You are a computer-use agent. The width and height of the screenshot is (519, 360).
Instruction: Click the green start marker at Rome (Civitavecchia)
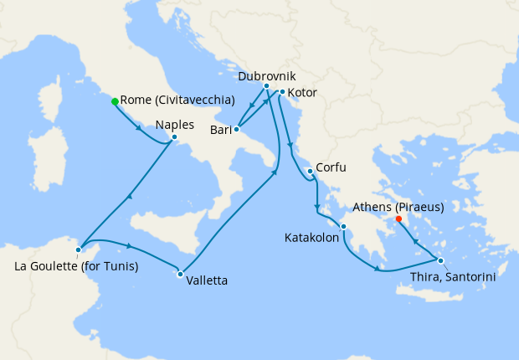coord(115,101)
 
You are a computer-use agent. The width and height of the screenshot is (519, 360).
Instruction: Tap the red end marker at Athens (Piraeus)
coord(398,219)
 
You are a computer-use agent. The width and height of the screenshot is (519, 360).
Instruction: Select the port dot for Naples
coord(173,136)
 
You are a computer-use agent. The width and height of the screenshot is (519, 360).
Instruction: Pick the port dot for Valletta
coord(180,274)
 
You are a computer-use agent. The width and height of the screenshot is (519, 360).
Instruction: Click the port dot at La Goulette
coord(78,249)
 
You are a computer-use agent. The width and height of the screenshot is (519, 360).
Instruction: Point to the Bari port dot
coord(237,129)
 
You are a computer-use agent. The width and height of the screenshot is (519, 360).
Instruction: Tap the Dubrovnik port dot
coord(266,86)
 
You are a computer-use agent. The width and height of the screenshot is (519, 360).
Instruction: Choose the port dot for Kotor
coord(282,91)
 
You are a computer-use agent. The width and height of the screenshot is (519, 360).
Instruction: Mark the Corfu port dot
coord(310,171)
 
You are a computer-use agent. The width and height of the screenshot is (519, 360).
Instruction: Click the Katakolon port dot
coord(343,226)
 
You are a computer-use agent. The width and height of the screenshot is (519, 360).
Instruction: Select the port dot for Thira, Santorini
coord(440,260)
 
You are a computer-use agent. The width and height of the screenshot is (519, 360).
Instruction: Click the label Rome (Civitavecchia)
coord(177,100)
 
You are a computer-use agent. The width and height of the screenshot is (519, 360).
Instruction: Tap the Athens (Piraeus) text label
coord(398,206)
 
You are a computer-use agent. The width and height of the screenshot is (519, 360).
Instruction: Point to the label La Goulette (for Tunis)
coord(77,266)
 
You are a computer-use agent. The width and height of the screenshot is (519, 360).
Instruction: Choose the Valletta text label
coord(207,280)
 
